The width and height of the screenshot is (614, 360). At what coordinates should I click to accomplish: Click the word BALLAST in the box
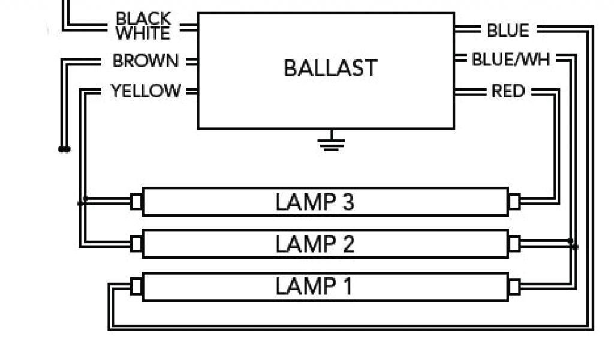coord(330,68)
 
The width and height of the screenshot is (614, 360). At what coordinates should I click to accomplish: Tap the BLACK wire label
coord(143,19)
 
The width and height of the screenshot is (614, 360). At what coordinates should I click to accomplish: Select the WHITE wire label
coord(143,33)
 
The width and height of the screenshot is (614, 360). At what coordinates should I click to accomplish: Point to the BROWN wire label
coord(146,61)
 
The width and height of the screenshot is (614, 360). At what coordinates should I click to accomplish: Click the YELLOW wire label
coord(146,91)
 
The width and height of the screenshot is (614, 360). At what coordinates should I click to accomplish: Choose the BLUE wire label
coord(508,30)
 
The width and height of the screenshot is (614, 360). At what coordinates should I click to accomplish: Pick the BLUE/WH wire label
coord(511,60)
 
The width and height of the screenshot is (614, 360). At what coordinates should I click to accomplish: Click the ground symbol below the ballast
coord(332,143)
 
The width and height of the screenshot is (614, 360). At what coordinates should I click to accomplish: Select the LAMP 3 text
coord(315,202)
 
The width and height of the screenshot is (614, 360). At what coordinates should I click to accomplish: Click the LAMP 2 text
coord(315,244)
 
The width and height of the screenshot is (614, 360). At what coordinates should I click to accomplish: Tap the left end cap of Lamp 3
coord(136,202)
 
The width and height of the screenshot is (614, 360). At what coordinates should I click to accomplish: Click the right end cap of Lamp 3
coord(514,202)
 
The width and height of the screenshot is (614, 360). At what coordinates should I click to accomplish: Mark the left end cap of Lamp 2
coord(136,244)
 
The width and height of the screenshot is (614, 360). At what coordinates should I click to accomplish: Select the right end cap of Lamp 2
coord(514,244)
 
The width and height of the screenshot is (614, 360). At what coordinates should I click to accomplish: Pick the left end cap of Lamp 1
coord(136,286)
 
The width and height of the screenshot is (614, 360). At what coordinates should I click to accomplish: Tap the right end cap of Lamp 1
coord(514,286)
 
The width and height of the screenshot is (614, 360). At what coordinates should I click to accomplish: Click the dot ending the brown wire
coord(64,149)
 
